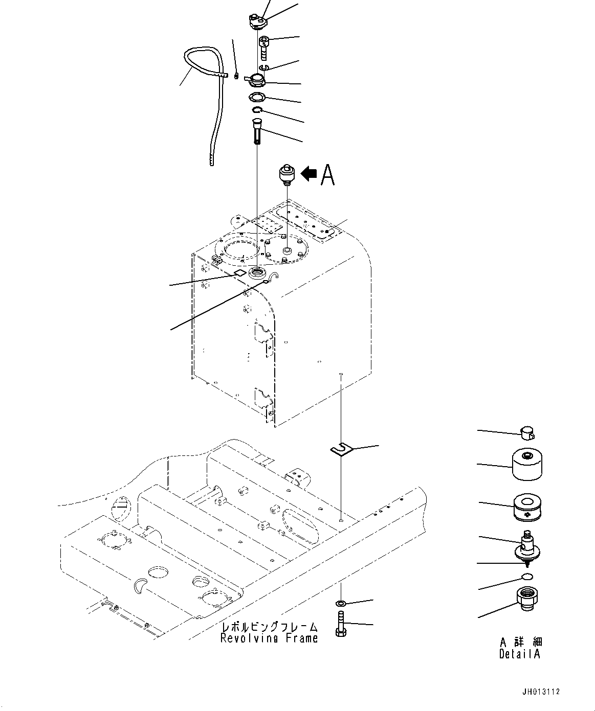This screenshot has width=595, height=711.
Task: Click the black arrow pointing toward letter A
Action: click(x=308, y=174)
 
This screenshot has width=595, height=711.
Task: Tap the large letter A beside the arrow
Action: click(x=327, y=175)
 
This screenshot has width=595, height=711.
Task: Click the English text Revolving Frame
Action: click(x=269, y=638)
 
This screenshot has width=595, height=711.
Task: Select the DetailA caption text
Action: click(x=520, y=654)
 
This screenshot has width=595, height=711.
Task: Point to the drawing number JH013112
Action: click(x=541, y=692)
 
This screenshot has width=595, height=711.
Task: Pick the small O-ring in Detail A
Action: click(x=527, y=578)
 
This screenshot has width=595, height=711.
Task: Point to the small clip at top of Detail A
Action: click(x=527, y=433)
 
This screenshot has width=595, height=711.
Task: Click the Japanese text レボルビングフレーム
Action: click(x=269, y=627)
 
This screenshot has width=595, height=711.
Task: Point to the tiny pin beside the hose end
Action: click(x=236, y=77)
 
